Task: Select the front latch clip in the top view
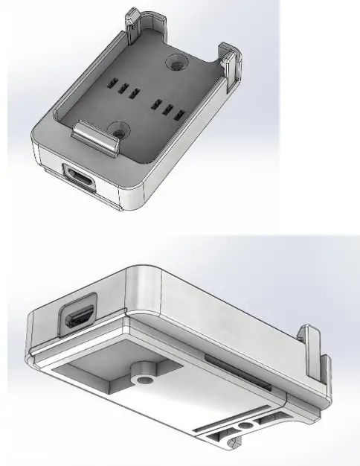98,137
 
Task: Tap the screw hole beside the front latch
119,130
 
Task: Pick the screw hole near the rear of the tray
178,63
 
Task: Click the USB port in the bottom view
80,318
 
